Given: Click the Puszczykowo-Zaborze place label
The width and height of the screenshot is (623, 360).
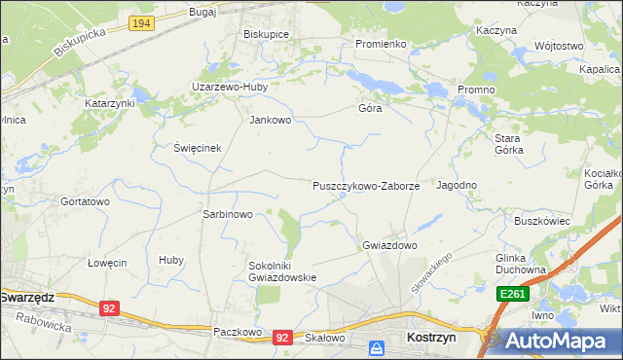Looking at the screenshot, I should tap(365, 185).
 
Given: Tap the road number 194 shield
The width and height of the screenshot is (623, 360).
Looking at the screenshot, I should tap(141, 21).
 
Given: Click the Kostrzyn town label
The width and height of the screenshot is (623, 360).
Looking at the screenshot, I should tap(430, 337).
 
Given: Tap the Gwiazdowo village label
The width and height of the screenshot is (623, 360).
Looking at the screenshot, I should tap(389, 245).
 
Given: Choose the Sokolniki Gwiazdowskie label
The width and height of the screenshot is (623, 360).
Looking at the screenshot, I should tap(283, 270).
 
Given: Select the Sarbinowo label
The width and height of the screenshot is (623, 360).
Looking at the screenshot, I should tap(227, 214).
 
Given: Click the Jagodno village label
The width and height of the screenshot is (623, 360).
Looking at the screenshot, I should tap(457, 185).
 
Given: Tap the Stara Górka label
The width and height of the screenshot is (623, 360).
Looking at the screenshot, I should tap(508, 144).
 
